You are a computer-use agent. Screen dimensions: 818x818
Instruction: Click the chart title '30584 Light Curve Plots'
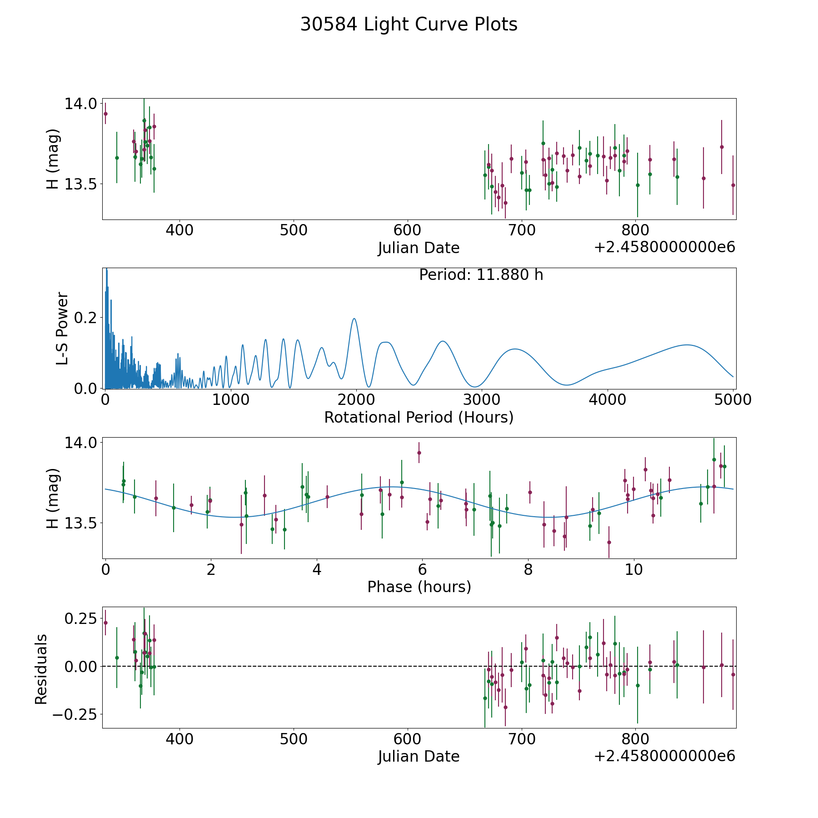click(x=409, y=25)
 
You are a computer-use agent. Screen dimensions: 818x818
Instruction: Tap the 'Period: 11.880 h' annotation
click(x=481, y=275)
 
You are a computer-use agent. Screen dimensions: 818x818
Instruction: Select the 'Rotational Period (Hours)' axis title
click(x=419, y=417)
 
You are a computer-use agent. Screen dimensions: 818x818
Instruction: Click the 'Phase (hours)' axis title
click(x=419, y=587)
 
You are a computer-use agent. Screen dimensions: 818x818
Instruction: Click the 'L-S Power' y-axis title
click(x=62, y=328)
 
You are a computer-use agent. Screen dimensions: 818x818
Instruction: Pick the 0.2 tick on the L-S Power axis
click(x=86, y=317)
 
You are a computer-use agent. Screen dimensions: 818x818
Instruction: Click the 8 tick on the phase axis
click(x=528, y=570)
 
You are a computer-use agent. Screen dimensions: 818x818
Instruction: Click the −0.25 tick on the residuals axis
click(x=75, y=715)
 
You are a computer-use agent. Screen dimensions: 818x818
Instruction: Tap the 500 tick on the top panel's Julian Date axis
click(x=293, y=230)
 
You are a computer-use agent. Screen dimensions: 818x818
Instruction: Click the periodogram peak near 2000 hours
click(x=354, y=319)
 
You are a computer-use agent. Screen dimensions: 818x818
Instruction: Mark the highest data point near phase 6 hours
click(x=419, y=453)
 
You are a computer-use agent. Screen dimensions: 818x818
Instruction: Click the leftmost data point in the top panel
click(x=105, y=114)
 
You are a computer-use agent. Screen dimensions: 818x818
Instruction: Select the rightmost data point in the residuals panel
click(x=733, y=674)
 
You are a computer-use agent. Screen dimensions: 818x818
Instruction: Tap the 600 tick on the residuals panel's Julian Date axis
click(x=407, y=739)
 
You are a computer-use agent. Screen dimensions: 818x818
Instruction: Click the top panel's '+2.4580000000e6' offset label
click(x=664, y=248)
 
